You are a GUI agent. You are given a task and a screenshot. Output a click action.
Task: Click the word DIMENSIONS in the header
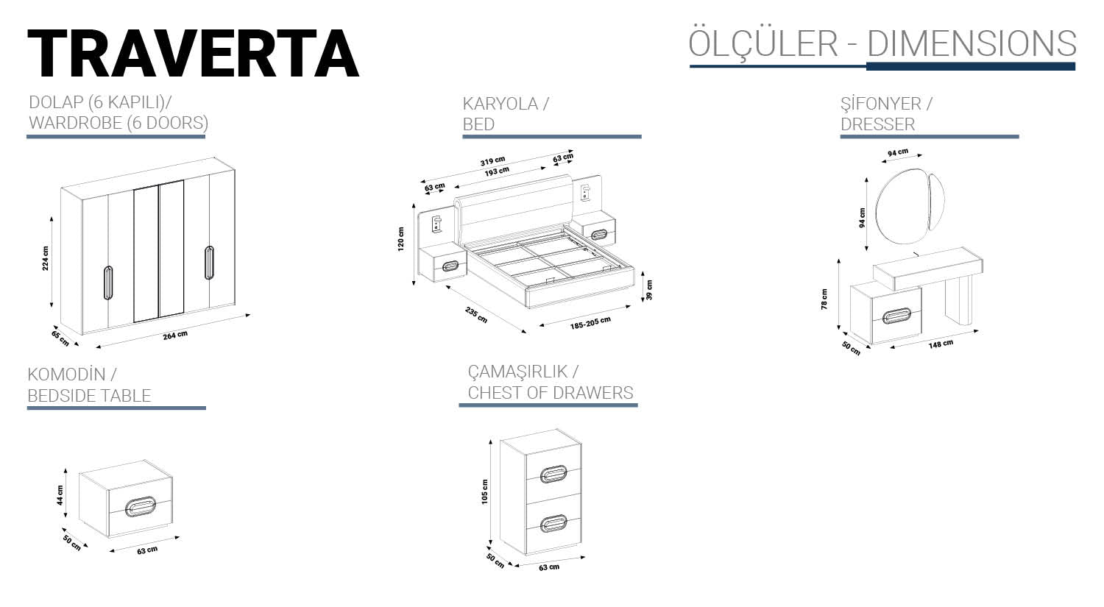972,44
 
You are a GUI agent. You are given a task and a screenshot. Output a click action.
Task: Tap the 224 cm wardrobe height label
46,258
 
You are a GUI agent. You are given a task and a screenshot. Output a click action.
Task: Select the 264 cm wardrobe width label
175,336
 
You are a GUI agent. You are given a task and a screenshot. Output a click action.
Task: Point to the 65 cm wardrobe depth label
60,338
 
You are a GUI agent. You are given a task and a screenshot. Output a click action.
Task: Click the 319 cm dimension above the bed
492,161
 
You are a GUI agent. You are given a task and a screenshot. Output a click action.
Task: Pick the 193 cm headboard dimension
497,172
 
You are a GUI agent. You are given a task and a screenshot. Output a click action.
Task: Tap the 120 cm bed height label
401,239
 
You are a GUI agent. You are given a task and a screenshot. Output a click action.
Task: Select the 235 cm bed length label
476,314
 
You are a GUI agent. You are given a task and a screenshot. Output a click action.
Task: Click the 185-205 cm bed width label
590,322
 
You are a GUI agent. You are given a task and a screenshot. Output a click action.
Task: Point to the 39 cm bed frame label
648,289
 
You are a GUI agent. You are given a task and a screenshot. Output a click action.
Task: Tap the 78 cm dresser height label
824,299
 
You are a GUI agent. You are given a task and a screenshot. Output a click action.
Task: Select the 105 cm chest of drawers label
484,491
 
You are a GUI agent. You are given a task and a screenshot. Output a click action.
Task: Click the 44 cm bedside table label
60,495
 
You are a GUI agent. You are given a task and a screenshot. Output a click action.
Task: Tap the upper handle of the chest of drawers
553,474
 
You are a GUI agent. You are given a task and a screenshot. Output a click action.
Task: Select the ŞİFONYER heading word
881,104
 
